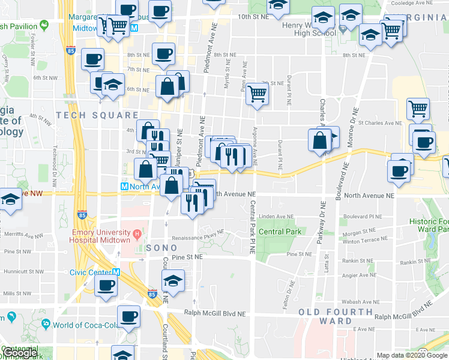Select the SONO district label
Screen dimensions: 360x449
[x=161, y=248]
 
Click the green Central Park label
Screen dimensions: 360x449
[x=280, y=232]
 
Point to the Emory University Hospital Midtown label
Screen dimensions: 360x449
[x=101, y=236]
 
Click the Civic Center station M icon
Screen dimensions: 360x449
[x=117, y=271]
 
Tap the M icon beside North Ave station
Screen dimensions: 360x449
[x=124, y=186]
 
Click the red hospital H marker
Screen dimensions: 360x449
[x=137, y=233]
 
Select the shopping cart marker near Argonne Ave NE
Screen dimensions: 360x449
[x=258, y=93]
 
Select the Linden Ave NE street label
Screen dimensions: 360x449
[x=276, y=217]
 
